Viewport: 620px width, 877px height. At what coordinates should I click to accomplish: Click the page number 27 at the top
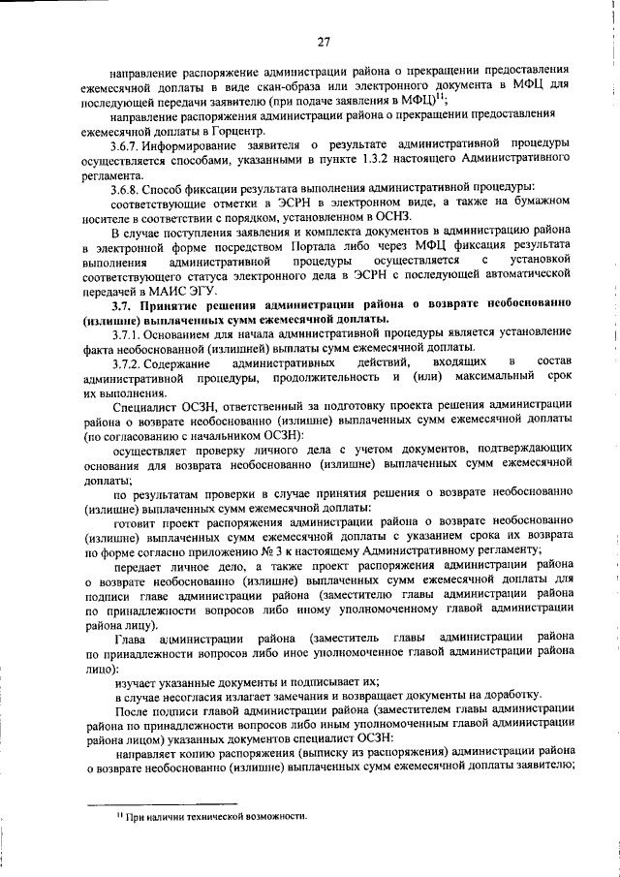324,41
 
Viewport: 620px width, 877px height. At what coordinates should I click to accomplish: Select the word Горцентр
234,132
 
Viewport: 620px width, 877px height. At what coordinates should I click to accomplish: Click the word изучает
138,682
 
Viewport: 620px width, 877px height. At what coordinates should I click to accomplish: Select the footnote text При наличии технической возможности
212,815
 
